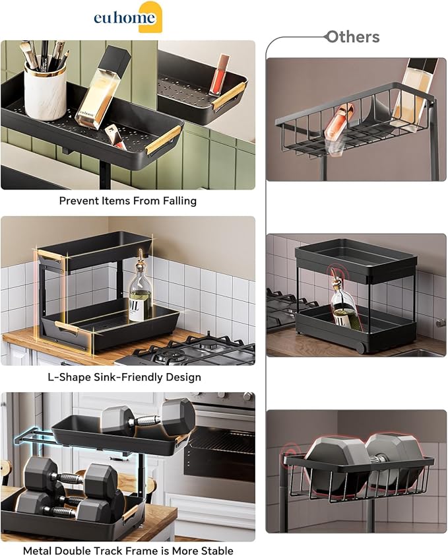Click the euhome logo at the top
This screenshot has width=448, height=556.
click(127, 17)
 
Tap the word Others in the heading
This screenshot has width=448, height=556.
click(353, 37)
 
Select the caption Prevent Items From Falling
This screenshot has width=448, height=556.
click(128, 201)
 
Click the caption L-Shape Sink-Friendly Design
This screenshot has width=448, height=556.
click(128, 377)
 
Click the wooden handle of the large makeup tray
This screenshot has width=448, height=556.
click(163, 140)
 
